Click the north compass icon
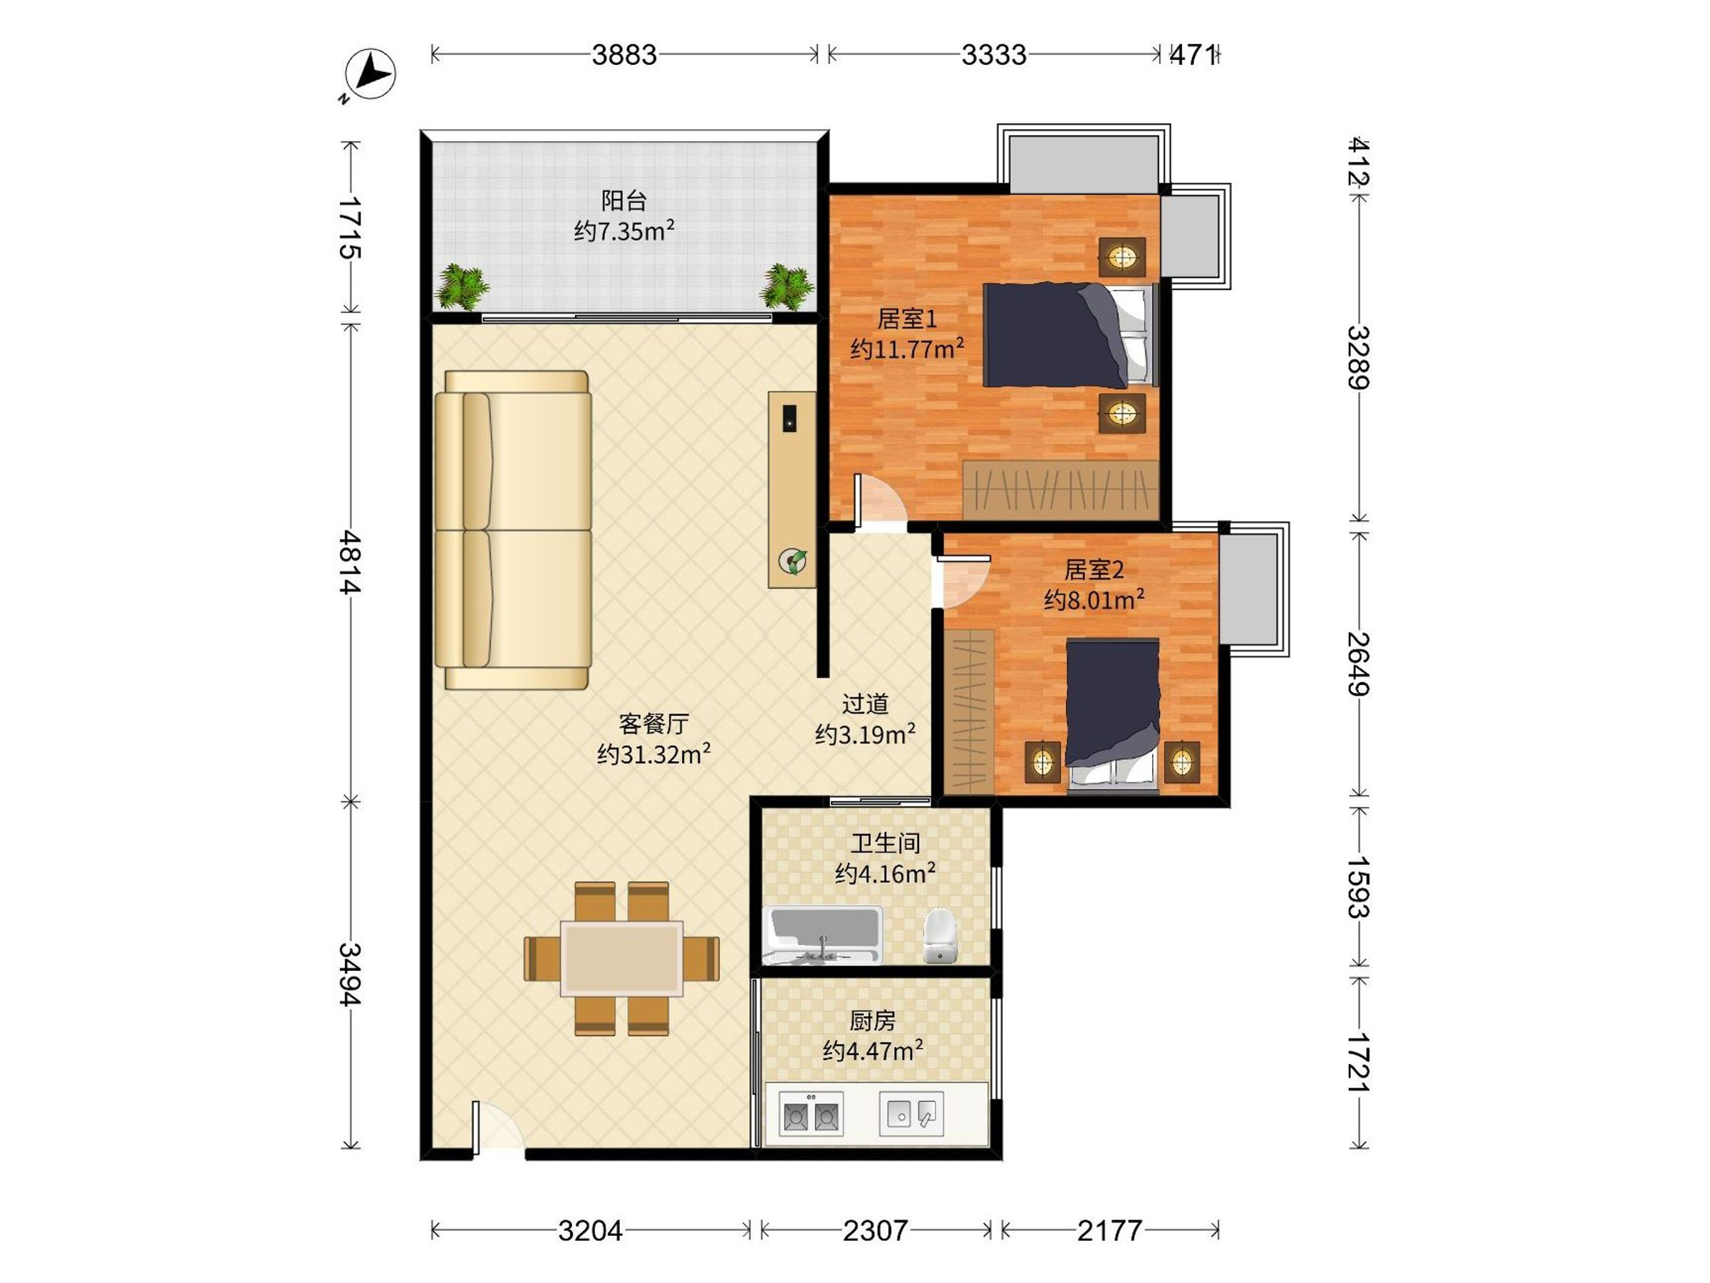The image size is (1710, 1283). tap(370, 75)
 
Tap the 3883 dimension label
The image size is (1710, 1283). tap(624, 55)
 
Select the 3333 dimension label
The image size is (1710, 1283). tap(993, 55)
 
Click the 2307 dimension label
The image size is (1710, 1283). tap(875, 1230)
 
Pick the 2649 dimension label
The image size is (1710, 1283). tap(1358, 664)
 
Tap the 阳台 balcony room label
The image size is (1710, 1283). tap(624, 201)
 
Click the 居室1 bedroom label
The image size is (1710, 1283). tap(908, 319)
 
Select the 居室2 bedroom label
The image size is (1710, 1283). tap(1094, 570)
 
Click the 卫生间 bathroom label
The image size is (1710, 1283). tap(885, 843)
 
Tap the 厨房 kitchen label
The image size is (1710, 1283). tap(872, 1021)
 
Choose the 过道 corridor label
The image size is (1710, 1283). tap(865, 704)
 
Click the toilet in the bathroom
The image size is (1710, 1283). tap(940, 936)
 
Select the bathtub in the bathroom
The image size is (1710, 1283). tap(822, 935)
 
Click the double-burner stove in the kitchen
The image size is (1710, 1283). tap(811, 1113)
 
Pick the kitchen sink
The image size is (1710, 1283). tap(912, 1113)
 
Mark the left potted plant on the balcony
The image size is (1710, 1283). tap(462, 287)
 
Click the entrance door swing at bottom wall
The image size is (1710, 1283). tap(497, 1127)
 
